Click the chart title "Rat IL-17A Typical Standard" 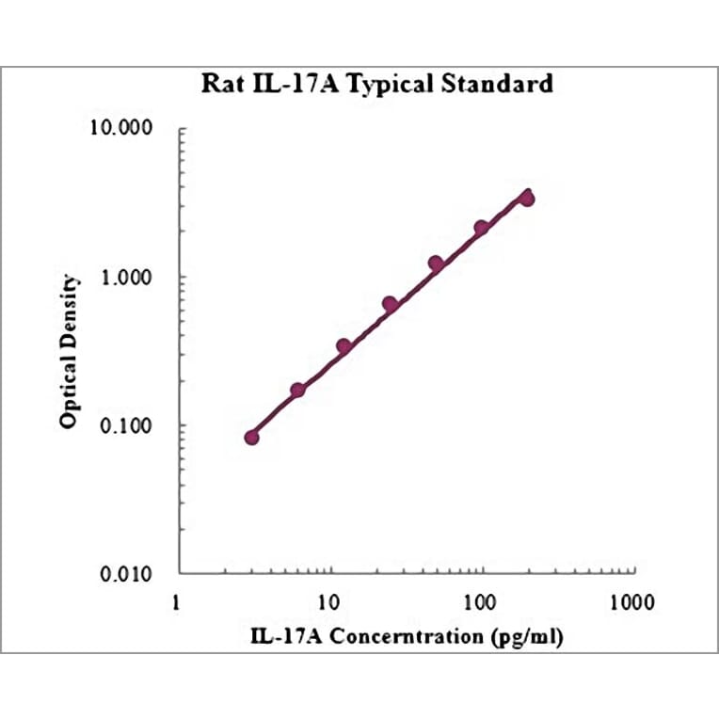tap(377, 84)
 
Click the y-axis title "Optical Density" tap(69, 351)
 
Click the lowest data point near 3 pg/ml tap(251, 437)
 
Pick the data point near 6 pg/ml tap(297, 390)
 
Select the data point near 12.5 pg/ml tap(344, 346)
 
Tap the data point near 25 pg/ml tap(390, 304)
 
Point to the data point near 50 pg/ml tap(436, 264)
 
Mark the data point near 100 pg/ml tap(481, 228)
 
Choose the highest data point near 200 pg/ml tap(527, 199)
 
